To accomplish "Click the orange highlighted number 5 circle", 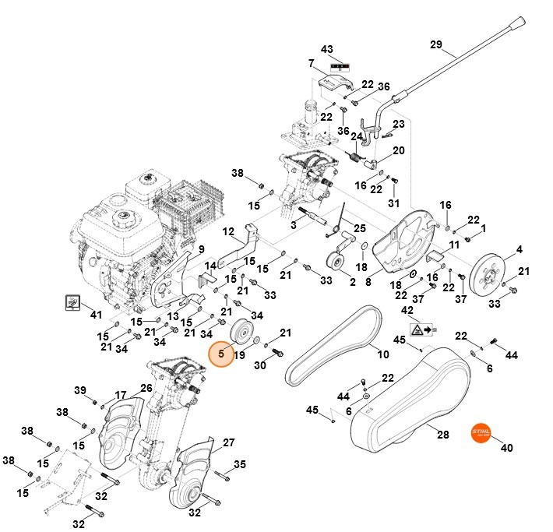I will pos(222,355).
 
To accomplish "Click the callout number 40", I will pos(506,449).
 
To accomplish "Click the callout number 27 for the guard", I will pos(229,442).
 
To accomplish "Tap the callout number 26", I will pos(146,388).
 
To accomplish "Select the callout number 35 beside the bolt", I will pos(240,464).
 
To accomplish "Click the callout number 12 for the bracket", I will pos(228,231).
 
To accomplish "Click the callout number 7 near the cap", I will pos(310,63).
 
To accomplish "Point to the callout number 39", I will pos(79,390).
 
